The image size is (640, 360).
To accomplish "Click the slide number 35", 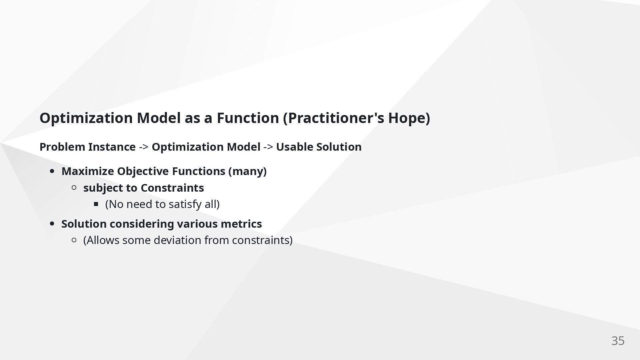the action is [618, 341].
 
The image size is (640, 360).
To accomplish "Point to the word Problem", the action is [62, 147].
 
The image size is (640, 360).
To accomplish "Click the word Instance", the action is [112, 147].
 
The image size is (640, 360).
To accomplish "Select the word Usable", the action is [295, 147].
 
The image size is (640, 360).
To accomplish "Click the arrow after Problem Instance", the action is [144, 147].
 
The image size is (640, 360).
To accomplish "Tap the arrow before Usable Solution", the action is [268, 147].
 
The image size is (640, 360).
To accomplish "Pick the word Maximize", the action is [88, 171].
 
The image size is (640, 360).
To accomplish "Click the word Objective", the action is [143, 171].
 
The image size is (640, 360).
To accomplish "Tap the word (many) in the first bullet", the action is [247, 171].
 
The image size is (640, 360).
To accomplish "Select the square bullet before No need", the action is [96, 204].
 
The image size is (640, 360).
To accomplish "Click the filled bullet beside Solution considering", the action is [52, 224].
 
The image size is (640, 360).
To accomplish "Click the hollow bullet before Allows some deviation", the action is [74, 240].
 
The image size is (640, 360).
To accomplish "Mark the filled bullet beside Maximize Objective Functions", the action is [52, 171].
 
